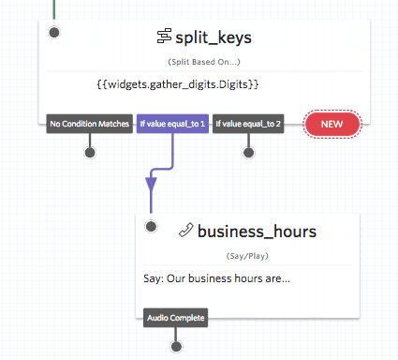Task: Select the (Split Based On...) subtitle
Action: point(203,62)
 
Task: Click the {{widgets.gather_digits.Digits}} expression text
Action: point(177,84)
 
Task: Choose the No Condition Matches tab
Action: point(89,124)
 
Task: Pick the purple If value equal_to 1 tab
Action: point(171,124)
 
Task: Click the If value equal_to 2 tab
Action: point(249,124)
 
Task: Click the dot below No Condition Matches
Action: point(89,152)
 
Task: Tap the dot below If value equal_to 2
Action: point(249,152)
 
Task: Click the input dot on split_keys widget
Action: point(54,33)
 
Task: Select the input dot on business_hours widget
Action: point(152,226)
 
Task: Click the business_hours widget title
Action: point(257,231)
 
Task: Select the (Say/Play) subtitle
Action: point(248,255)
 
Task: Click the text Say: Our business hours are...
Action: point(217,277)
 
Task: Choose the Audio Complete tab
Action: point(175,318)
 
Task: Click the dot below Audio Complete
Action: point(175,346)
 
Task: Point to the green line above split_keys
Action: point(54,9)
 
